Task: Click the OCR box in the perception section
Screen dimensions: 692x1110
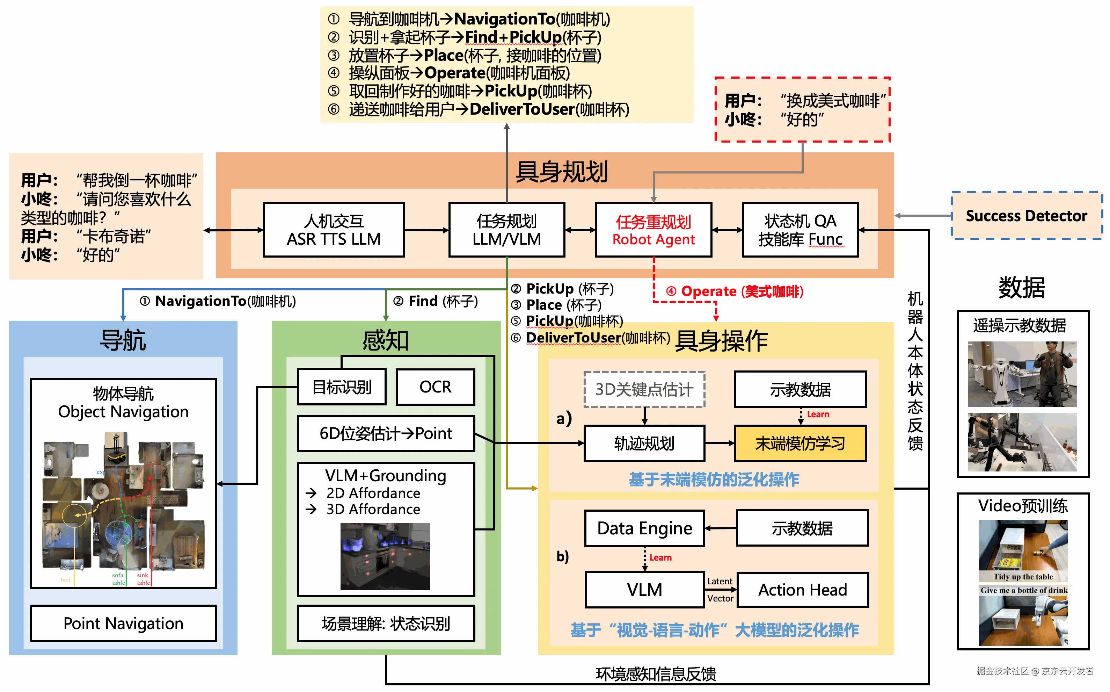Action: pos(435,387)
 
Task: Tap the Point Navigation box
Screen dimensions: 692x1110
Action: pos(123,623)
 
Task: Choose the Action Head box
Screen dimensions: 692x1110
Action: pos(802,590)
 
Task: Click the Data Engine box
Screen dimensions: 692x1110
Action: pos(644,528)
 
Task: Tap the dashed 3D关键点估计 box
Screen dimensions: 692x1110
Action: pos(644,389)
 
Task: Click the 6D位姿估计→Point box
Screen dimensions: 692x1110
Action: pos(386,433)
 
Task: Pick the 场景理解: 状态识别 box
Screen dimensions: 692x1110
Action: pos(386,623)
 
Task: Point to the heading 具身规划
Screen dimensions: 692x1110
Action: pos(561,172)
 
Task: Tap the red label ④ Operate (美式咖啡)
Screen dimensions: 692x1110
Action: pos(735,291)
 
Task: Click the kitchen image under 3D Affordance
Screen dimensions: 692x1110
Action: pos(385,556)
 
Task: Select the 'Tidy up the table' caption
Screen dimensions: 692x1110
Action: pos(1023,577)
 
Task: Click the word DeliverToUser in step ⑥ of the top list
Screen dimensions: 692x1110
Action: pos(522,109)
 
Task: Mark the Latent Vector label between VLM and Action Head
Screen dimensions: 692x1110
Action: pos(720,590)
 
